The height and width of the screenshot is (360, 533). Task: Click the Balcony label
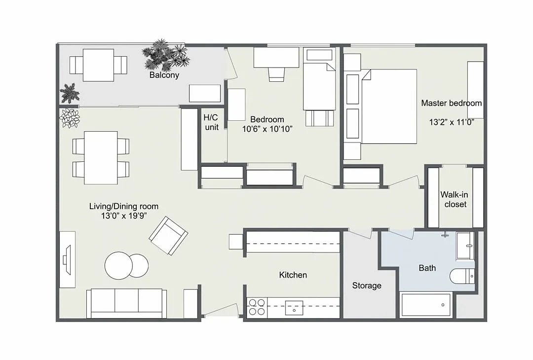(x=164, y=75)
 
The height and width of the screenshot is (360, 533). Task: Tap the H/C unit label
(x=211, y=122)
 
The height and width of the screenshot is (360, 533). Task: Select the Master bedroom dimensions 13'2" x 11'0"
(x=452, y=122)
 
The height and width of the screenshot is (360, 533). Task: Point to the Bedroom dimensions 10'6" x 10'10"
(x=267, y=129)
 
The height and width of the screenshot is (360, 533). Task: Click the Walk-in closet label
(x=455, y=199)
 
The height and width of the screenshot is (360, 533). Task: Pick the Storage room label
(x=366, y=286)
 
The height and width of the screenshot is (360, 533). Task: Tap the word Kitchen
(x=293, y=275)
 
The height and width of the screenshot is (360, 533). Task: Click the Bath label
(x=427, y=268)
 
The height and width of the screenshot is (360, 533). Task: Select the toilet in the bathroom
(x=462, y=276)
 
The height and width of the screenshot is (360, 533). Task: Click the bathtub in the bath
(x=426, y=305)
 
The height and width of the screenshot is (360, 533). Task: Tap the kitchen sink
(x=294, y=308)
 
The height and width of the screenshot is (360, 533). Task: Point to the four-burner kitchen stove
(x=257, y=307)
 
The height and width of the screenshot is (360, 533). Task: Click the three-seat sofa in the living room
(x=126, y=303)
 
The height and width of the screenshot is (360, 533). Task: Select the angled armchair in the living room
(x=169, y=236)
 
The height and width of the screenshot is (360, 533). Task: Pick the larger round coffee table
(x=118, y=266)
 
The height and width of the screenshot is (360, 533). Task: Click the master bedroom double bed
(x=389, y=107)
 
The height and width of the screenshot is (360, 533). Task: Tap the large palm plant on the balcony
(x=166, y=54)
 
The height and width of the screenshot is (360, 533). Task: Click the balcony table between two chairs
(x=98, y=65)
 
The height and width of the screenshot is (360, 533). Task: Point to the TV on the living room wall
(x=67, y=260)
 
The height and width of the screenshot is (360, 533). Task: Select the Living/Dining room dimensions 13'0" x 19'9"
(x=124, y=216)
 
